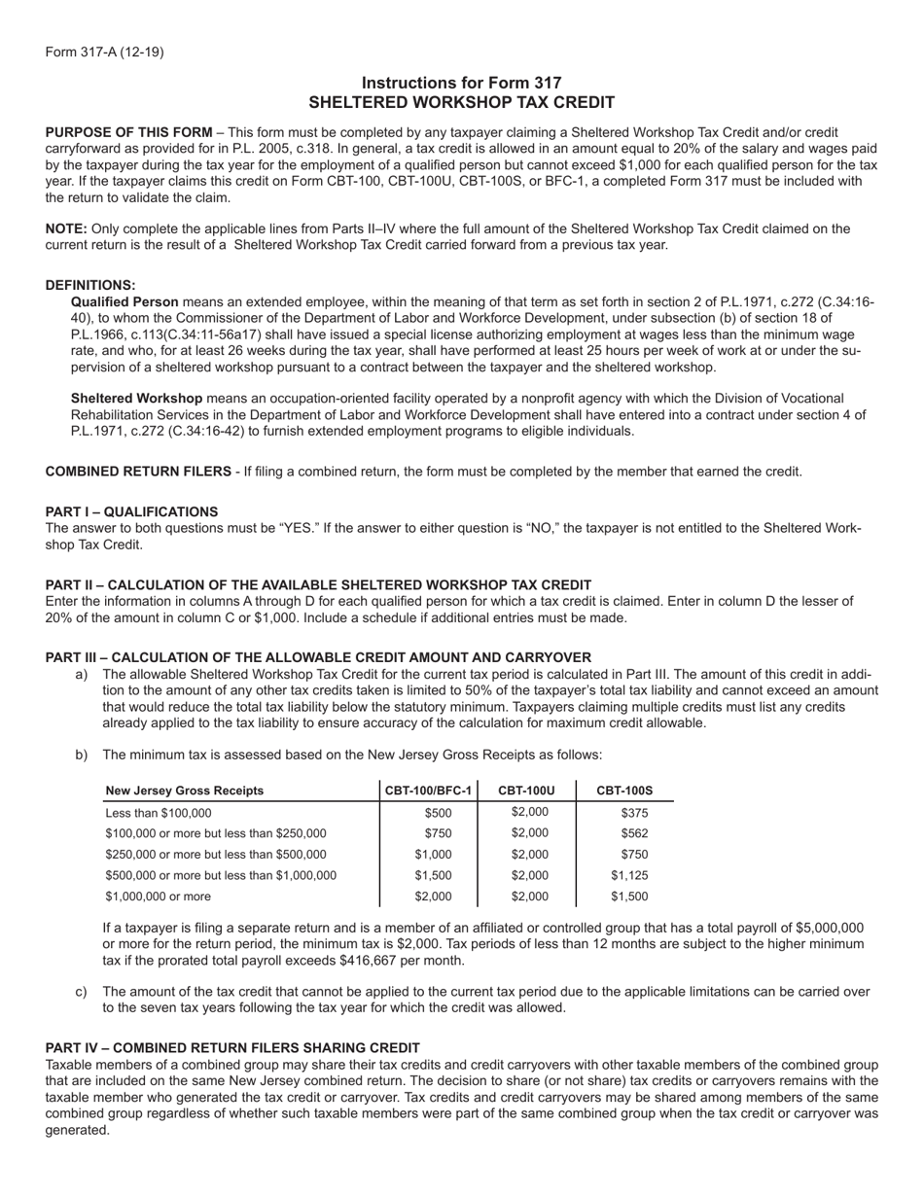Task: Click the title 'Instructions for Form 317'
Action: click(x=461, y=84)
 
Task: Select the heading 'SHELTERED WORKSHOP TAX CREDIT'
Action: click(x=461, y=102)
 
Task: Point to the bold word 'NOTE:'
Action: click(x=66, y=229)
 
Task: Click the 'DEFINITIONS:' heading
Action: click(x=90, y=285)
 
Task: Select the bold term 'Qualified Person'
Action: click(x=124, y=301)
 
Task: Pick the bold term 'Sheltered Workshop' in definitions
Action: click(x=136, y=398)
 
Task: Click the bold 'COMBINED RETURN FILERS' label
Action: click(x=138, y=472)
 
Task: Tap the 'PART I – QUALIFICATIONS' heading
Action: click(x=131, y=511)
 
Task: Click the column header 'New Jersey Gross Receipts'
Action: click(x=184, y=791)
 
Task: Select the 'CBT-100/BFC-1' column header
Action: click(x=428, y=791)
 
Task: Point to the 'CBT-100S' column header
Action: click(x=624, y=791)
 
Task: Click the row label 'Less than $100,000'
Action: click(x=158, y=813)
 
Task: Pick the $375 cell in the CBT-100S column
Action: click(x=634, y=813)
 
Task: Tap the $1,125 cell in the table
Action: click(x=629, y=875)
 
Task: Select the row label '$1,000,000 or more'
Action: click(x=158, y=897)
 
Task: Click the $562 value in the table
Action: click(x=634, y=833)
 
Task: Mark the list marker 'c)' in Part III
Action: click(x=82, y=992)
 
